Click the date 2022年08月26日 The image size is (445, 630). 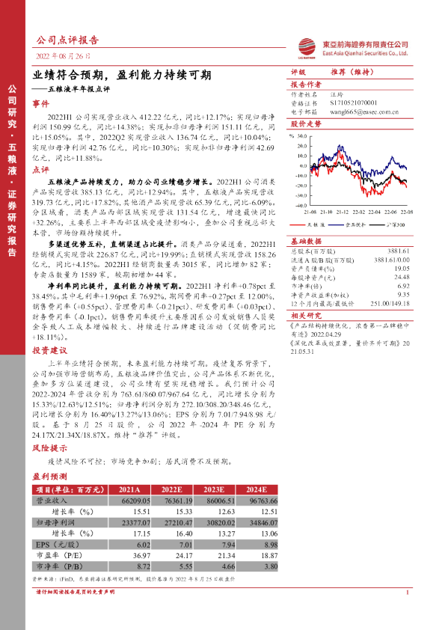tap(65, 57)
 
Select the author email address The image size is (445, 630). tap(369, 113)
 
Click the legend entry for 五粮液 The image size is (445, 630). tap(310, 222)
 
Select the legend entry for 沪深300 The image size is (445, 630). tap(391, 222)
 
